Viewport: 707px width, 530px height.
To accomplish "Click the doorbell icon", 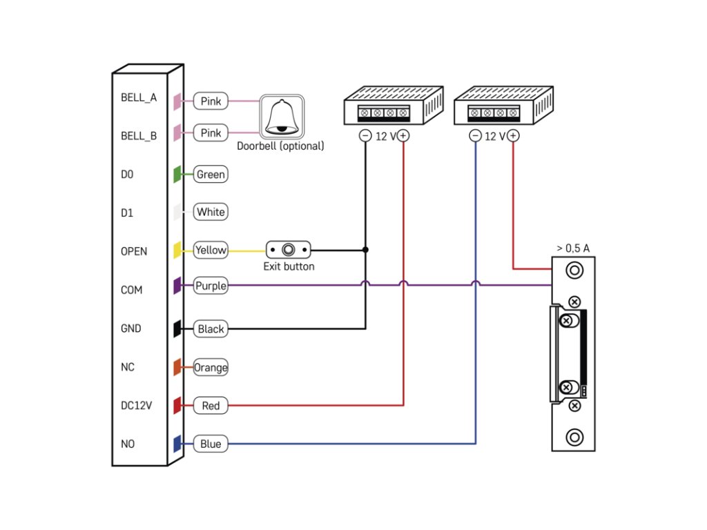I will [282, 117].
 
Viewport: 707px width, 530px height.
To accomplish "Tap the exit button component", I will [289, 250].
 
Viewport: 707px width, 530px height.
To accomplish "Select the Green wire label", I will [211, 175].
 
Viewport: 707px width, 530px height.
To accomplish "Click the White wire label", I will [211, 212].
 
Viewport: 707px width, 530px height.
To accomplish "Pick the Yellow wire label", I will [211, 250].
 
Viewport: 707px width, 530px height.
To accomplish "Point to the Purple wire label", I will [211, 286].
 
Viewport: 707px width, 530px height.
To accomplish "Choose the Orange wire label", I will [211, 367].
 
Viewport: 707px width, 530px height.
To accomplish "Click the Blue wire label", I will [211, 444].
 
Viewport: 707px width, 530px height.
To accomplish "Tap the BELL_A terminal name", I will [139, 98].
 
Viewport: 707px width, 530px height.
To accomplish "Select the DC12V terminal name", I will [136, 406].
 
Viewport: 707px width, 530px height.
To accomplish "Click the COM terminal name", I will [131, 290].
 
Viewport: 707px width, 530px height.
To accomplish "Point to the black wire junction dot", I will [366, 250].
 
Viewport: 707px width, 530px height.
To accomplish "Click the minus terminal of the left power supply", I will [365, 136].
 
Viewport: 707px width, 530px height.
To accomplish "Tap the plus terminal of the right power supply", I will [513, 136].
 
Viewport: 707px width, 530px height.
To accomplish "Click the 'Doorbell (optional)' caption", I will [280, 146].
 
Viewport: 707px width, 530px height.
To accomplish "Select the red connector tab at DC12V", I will [177, 406].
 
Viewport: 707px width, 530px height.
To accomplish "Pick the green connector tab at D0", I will [177, 175].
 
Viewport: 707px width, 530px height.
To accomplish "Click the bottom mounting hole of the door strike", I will [574, 437].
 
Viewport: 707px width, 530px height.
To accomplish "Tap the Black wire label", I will [211, 329].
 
